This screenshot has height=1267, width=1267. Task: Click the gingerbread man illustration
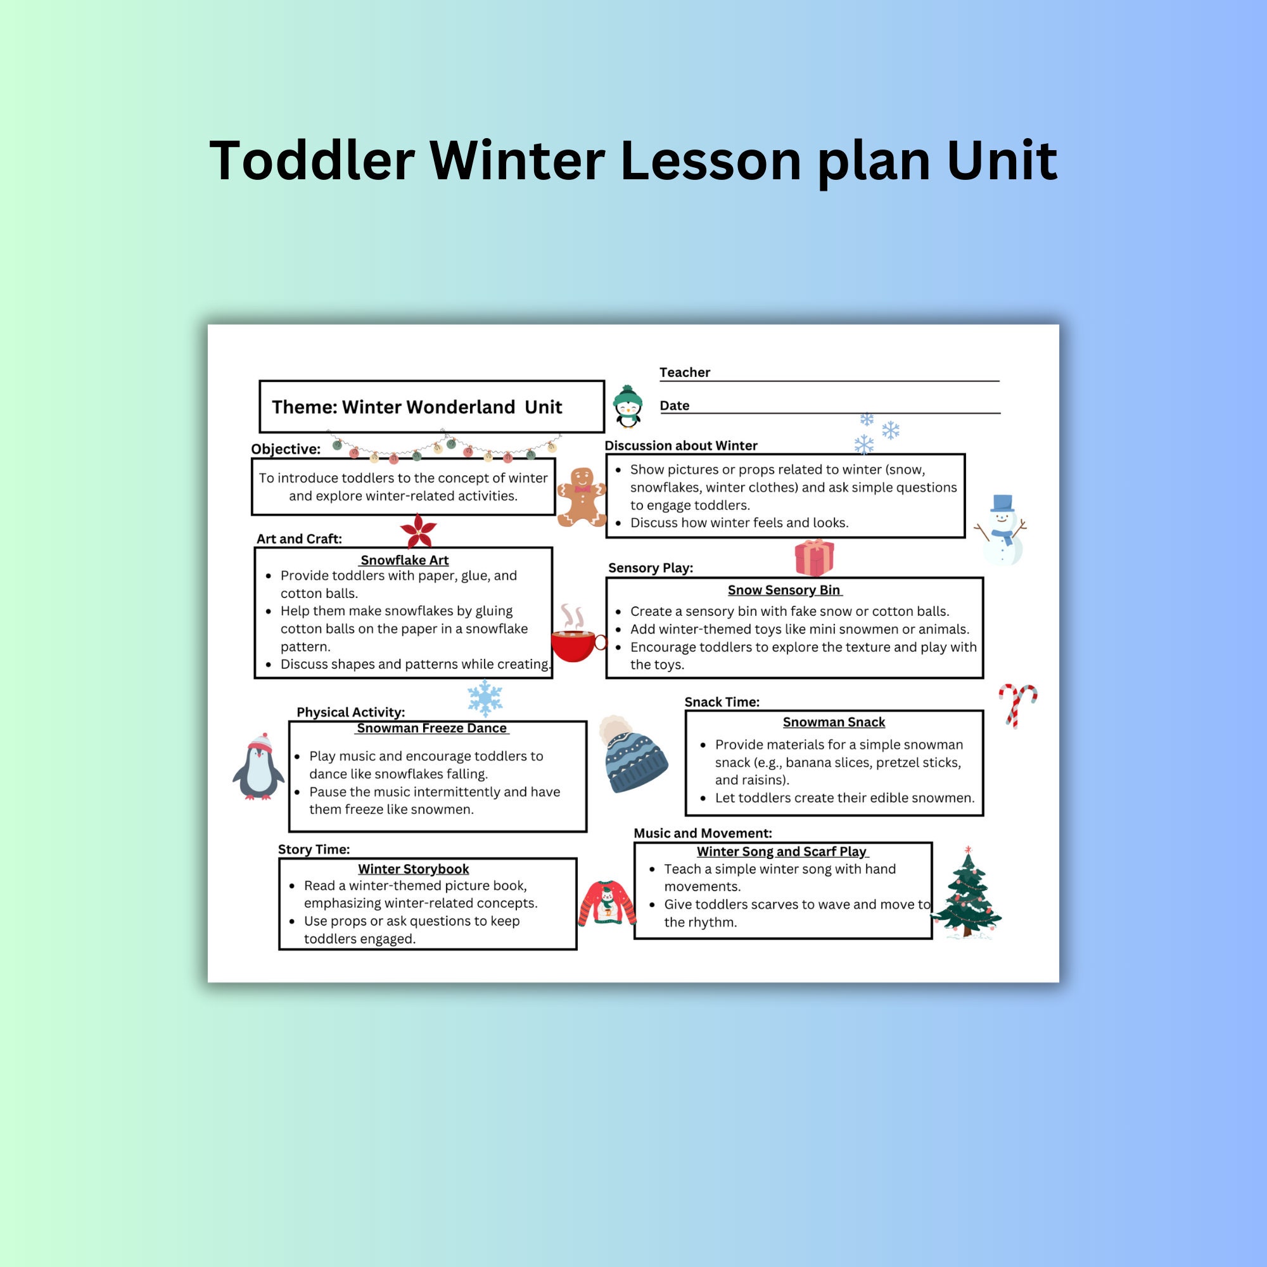581,497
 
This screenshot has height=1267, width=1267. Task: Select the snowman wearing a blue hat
1002,532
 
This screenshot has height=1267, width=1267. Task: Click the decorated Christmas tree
967,893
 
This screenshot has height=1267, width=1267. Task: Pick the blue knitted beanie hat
632,755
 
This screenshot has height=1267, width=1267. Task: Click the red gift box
814,557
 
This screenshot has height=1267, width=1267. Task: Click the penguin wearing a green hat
628,407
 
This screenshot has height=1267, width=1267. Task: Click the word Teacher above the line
685,372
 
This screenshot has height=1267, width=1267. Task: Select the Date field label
674,406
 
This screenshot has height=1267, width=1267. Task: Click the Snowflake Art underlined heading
404,560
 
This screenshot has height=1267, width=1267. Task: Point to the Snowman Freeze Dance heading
431,728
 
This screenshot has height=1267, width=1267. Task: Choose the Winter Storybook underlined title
413,869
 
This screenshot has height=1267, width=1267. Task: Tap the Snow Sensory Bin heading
784,590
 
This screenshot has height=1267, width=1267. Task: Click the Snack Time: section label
722,702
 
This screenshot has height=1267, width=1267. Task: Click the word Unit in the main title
1002,161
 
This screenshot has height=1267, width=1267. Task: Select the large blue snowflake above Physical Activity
485,697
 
